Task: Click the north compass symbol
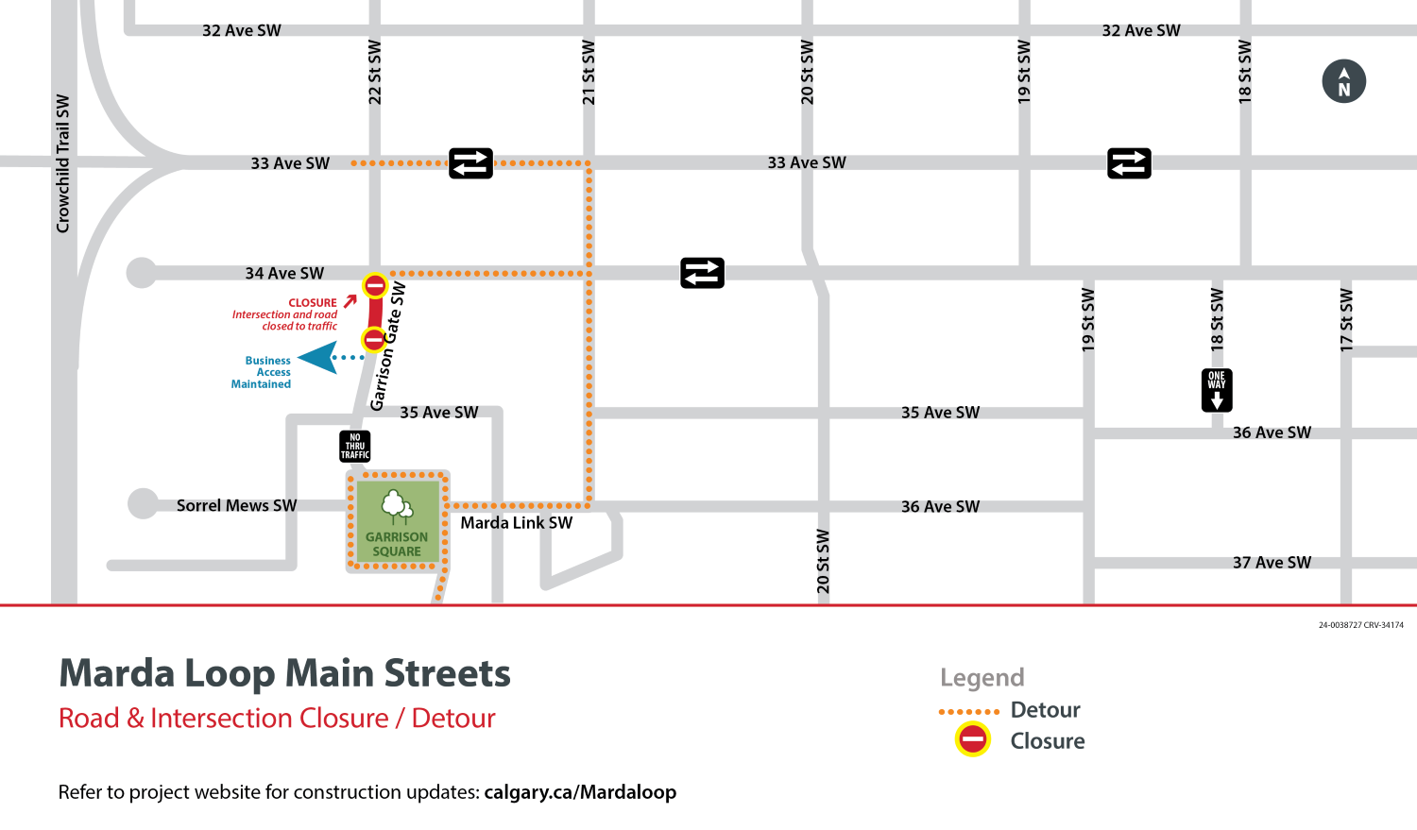click(x=1343, y=81)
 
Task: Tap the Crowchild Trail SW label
click(x=63, y=163)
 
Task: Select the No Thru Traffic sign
click(x=355, y=446)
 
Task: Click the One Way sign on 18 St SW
click(x=1217, y=390)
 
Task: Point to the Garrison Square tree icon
click(x=397, y=507)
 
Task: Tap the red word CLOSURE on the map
click(x=313, y=303)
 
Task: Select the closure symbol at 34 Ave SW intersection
click(x=375, y=285)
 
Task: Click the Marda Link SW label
click(x=516, y=523)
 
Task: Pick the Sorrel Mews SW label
click(x=236, y=506)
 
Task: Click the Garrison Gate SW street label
click(x=388, y=347)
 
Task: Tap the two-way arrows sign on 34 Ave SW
click(x=702, y=273)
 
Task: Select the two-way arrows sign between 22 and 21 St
click(x=470, y=163)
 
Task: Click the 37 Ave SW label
click(x=1272, y=563)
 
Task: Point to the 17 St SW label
click(x=1346, y=320)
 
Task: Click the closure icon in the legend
click(x=972, y=739)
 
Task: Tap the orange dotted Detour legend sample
click(x=968, y=712)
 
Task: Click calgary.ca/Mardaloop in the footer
click(x=580, y=792)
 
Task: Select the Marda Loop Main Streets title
click(x=284, y=674)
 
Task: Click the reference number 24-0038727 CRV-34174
click(x=1360, y=625)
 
